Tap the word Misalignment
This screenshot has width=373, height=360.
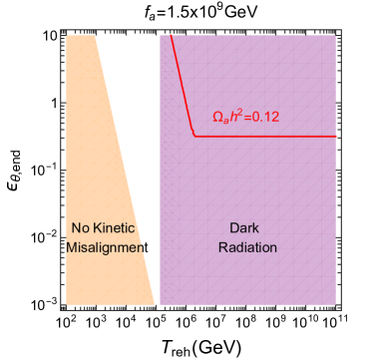coord(104,246)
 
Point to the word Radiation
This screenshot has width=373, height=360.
coord(247,246)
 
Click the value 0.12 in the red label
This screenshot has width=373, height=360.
coord(263,117)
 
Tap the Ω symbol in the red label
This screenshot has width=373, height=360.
coord(218,117)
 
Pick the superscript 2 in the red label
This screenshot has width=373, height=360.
coord(237,112)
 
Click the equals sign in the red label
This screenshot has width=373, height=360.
coord(245,117)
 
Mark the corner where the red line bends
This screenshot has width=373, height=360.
coord(195,135)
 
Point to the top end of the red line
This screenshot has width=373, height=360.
coord(172,35)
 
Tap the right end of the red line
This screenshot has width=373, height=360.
coord(335,135)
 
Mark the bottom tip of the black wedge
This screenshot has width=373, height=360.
coord(157,302)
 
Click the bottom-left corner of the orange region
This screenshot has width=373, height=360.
coord(67,303)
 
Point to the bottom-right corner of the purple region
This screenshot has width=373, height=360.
coord(335,303)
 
